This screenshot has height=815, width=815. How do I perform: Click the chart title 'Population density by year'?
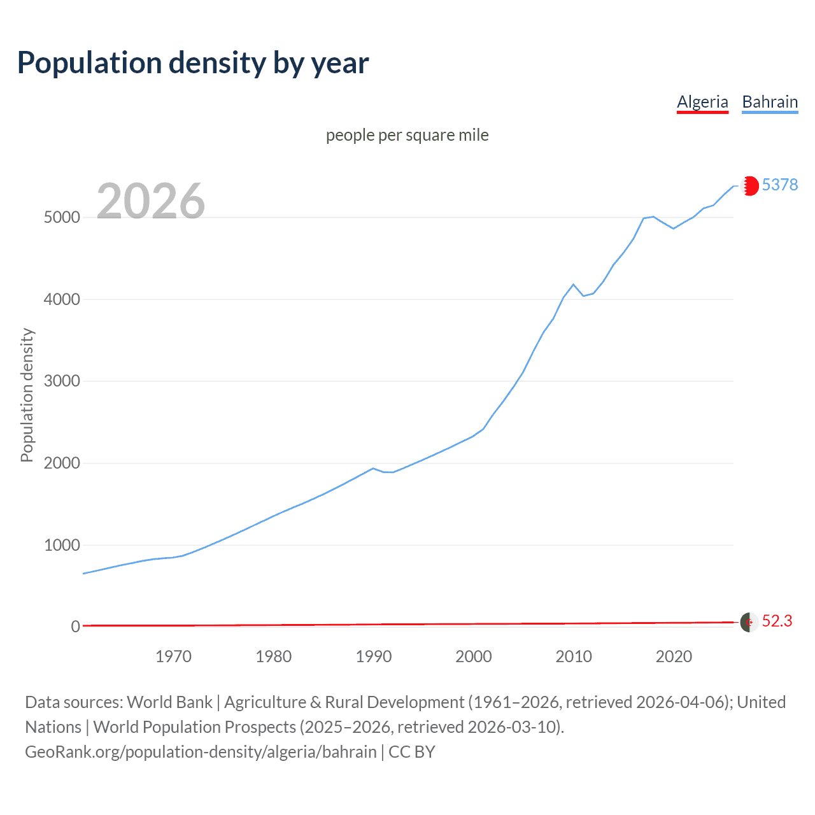[193, 63]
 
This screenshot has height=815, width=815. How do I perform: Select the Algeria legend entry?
[702, 102]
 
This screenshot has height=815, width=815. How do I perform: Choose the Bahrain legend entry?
[770, 102]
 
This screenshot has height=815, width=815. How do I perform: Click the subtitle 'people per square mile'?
[407, 135]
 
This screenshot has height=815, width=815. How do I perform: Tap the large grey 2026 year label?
[151, 201]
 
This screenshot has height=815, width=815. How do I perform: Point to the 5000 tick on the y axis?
[62, 217]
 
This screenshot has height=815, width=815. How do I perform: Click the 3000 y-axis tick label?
[62, 381]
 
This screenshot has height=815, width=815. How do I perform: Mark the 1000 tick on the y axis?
[62, 545]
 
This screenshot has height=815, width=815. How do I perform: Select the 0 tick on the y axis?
[75, 627]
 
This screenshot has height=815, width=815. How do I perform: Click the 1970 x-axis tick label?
[173, 656]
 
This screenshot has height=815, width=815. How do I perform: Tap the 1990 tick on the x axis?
[374, 656]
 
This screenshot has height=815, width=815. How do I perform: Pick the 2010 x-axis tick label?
[574, 656]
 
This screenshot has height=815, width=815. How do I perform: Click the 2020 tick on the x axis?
[674, 656]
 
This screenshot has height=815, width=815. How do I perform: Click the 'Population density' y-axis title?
[27, 395]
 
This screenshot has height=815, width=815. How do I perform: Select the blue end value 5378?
[780, 185]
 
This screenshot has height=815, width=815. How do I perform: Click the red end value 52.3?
[777, 621]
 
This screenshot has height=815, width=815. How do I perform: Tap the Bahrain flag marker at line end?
[749, 185]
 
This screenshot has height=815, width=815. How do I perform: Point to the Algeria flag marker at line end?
[749, 622]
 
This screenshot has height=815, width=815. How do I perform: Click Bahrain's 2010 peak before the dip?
[574, 285]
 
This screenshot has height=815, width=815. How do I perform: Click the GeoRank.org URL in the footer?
[201, 752]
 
